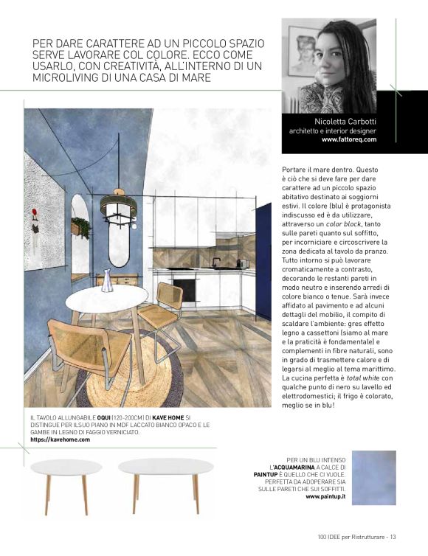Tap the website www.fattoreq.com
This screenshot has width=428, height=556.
click(x=349, y=139)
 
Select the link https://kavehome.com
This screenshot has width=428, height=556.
click(x=61, y=439)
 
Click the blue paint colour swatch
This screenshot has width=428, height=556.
click(x=374, y=478)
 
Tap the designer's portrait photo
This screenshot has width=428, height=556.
click(x=329, y=66)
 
